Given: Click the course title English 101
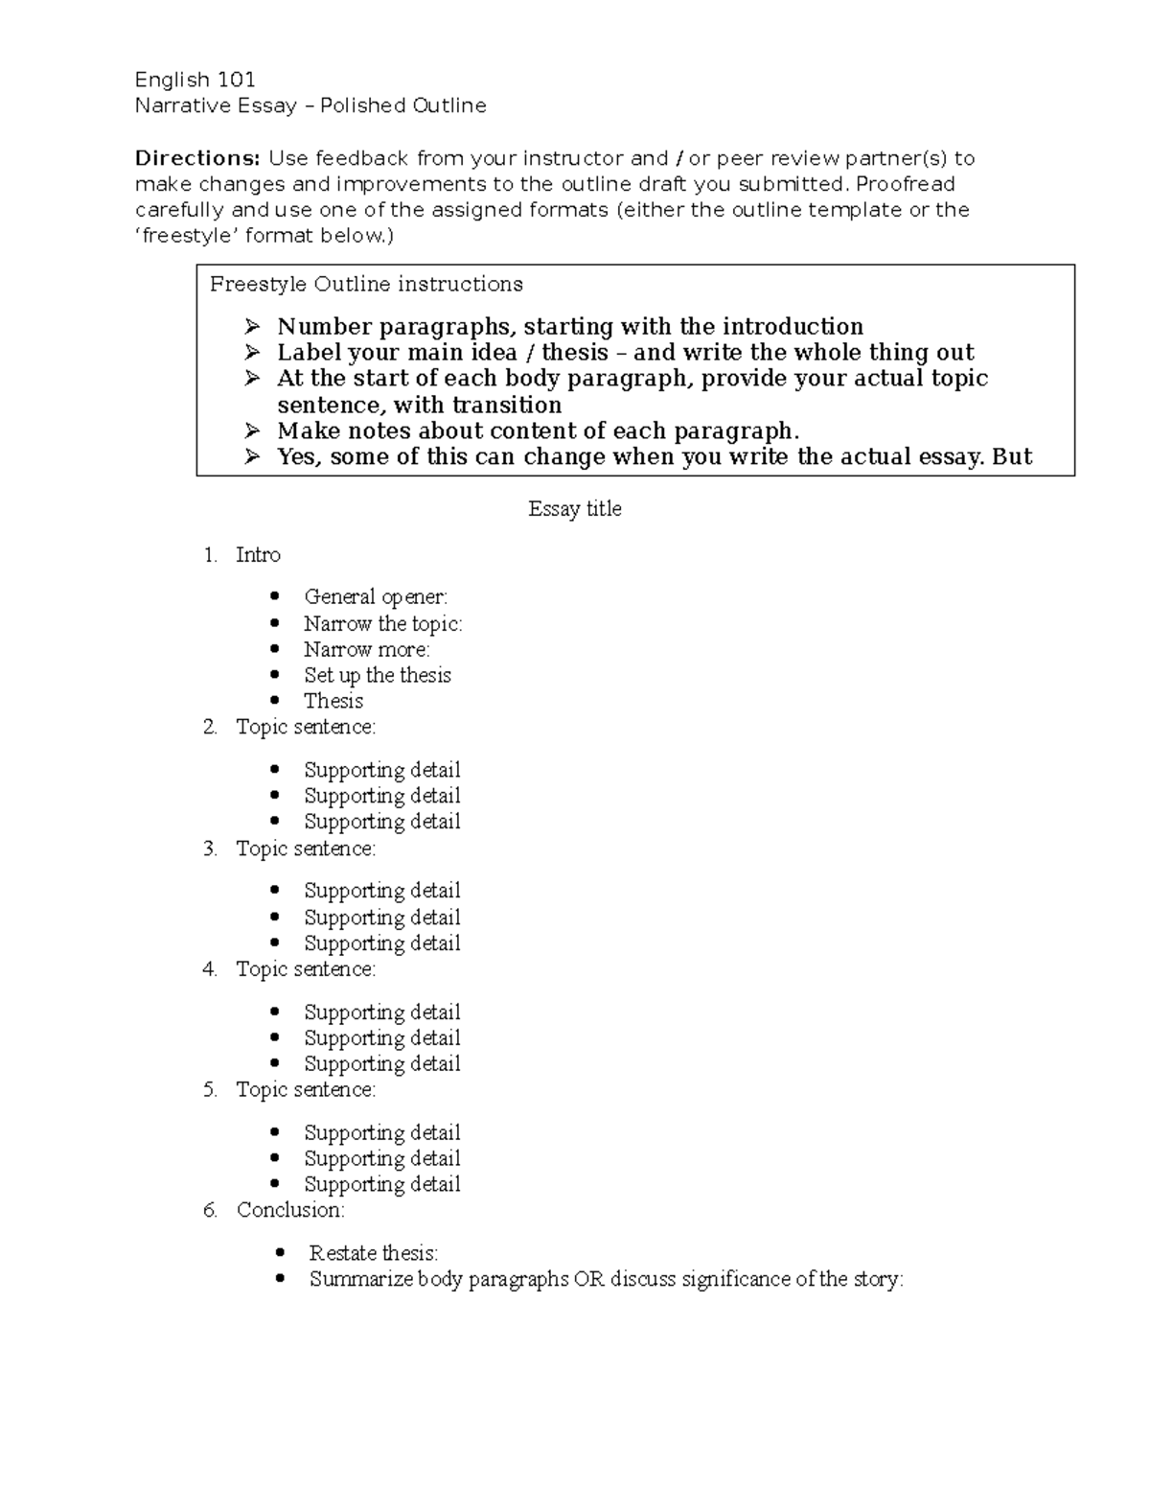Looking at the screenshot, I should coord(195,80).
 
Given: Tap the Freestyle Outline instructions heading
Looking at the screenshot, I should coord(366,285).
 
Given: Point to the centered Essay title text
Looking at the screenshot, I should coord(574,509).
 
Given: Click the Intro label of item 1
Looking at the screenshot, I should coord(258,555).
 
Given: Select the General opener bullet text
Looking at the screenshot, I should coord(375,597).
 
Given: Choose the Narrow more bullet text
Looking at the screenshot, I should coord(366,649).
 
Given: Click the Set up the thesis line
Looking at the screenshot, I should coord(377,675).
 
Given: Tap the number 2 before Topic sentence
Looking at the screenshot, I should coord(210,728).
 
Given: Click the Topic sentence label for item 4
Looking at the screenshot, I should coord(306,969).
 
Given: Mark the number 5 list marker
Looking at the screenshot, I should coord(210,1090).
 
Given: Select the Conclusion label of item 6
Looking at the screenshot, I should coord(290,1210).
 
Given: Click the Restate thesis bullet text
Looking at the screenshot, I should coord(373,1253).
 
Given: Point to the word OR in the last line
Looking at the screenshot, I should coord(588,1279).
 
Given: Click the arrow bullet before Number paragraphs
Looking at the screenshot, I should coord(252,326).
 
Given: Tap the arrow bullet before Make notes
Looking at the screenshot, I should coord(252,430).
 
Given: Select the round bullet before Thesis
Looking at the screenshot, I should coord(276,701).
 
